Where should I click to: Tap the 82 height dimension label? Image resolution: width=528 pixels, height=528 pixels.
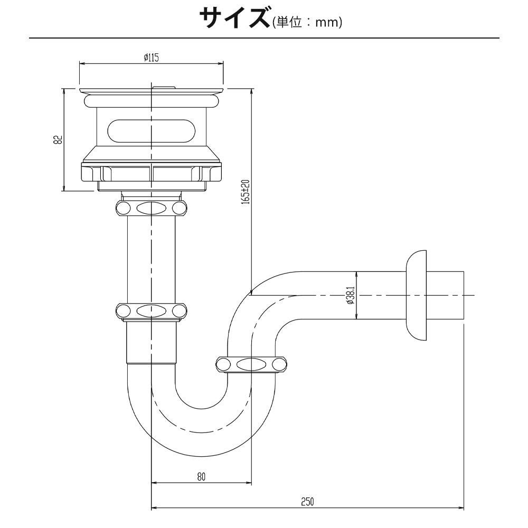[x=58, y=140]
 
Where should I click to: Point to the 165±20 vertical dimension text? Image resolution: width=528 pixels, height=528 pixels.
[x=246, y=192]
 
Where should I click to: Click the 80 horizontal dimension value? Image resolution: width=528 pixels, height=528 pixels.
[x=201, y=476]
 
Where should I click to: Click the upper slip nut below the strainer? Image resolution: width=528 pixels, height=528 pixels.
[x=151, y=207]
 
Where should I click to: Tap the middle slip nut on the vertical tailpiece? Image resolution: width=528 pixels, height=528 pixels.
[x=151, y=310]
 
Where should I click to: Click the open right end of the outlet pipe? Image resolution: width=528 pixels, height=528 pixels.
[x=463, y=295]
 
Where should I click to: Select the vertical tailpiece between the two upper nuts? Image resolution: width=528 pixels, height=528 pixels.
[x=151, y=259]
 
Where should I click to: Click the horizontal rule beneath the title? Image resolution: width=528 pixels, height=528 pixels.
[x=264, y=38]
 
